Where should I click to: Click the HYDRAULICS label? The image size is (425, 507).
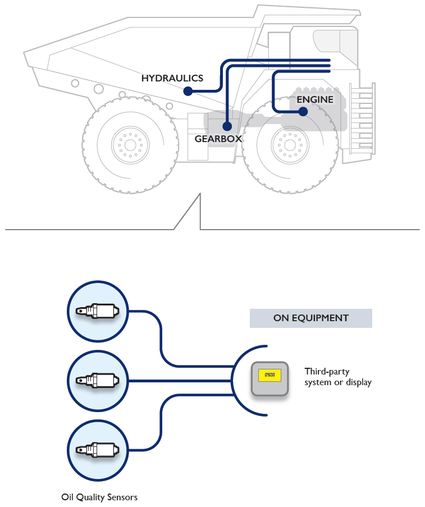(x=172, y=78)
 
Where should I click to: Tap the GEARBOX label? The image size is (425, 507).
(x=218, y=138)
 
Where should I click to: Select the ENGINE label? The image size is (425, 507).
(x=315, y=100)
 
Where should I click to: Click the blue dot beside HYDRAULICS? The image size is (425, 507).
(x=188, y=91)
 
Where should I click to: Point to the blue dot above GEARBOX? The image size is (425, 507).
(x=227, y=126)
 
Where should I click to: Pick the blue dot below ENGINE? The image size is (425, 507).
(x=303, y=112)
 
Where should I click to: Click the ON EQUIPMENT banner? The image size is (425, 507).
(x=310, y=318)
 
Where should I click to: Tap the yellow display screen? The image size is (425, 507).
(x=269, y=374)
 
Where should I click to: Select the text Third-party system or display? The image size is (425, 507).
(x=338, y=377)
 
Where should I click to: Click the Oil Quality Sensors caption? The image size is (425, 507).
(x=99, y=497)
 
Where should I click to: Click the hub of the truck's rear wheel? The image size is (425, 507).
(x=130, y=145)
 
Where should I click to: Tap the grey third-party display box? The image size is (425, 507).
(x=269, y=379)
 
